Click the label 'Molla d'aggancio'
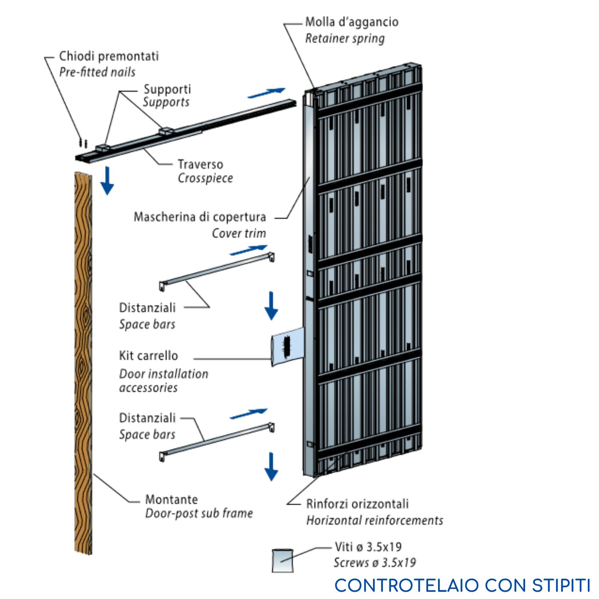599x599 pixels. point(351,22)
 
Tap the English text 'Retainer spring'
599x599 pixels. point(345,39)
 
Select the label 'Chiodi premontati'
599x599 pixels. point(109,56)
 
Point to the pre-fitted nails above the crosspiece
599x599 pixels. point(83,142)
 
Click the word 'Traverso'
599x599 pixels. point(200,164)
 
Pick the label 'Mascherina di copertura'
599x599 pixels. point(200,217)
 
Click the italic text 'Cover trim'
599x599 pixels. point(239,233)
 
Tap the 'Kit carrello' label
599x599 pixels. point(149,355)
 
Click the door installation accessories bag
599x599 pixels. point(288,345)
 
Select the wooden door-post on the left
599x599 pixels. point(83,359)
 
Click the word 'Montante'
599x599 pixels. point(172,499)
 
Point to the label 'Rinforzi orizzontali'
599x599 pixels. point(357,504)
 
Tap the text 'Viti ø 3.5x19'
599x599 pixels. point(368,547)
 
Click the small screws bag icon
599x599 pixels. point(283,561)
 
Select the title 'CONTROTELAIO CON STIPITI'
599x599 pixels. point(462,585)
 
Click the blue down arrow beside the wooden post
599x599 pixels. point(107,181)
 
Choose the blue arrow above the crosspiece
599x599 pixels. point(266,93)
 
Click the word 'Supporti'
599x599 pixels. point(167,89)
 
